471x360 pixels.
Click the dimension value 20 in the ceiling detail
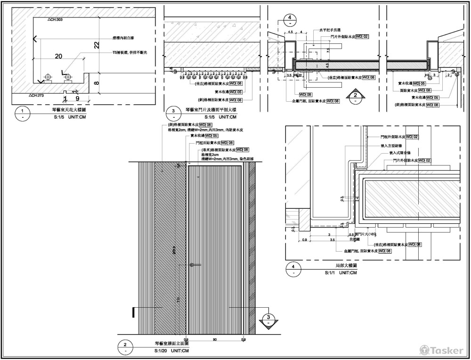click(58, 56)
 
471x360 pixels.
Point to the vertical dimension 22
click(97, 45)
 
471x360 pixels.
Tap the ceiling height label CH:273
click(37, 95)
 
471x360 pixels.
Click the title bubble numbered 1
click(22, 112)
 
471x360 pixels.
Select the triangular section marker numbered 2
click(356, 97)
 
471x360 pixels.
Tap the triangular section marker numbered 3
click(268, 320)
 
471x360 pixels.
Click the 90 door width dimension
click(215, 339)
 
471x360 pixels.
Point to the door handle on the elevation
click(192, 265)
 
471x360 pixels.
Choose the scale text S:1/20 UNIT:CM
click(171, 351)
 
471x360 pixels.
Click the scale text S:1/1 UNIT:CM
click(341, 273)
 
